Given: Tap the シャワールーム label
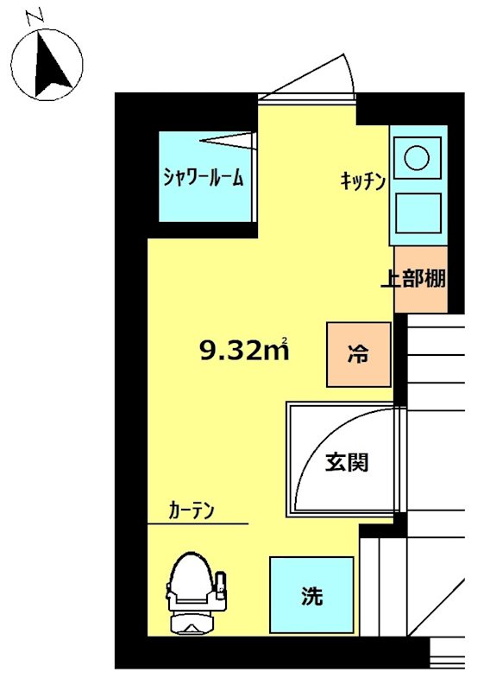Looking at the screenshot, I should [x=204, y=178].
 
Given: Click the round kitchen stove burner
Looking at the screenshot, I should [x=418, y=158].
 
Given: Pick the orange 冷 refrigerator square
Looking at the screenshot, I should [x=358, y=354].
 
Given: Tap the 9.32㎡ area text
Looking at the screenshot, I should [x=242, y=350].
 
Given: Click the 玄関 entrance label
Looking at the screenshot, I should [x=347, y=462].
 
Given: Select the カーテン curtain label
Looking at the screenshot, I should [x=192, y=510].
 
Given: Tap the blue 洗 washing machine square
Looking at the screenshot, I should [x=311, y=595].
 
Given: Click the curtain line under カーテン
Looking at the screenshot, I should [x=198, y=523].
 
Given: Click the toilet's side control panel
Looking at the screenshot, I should [x=222, y=586].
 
